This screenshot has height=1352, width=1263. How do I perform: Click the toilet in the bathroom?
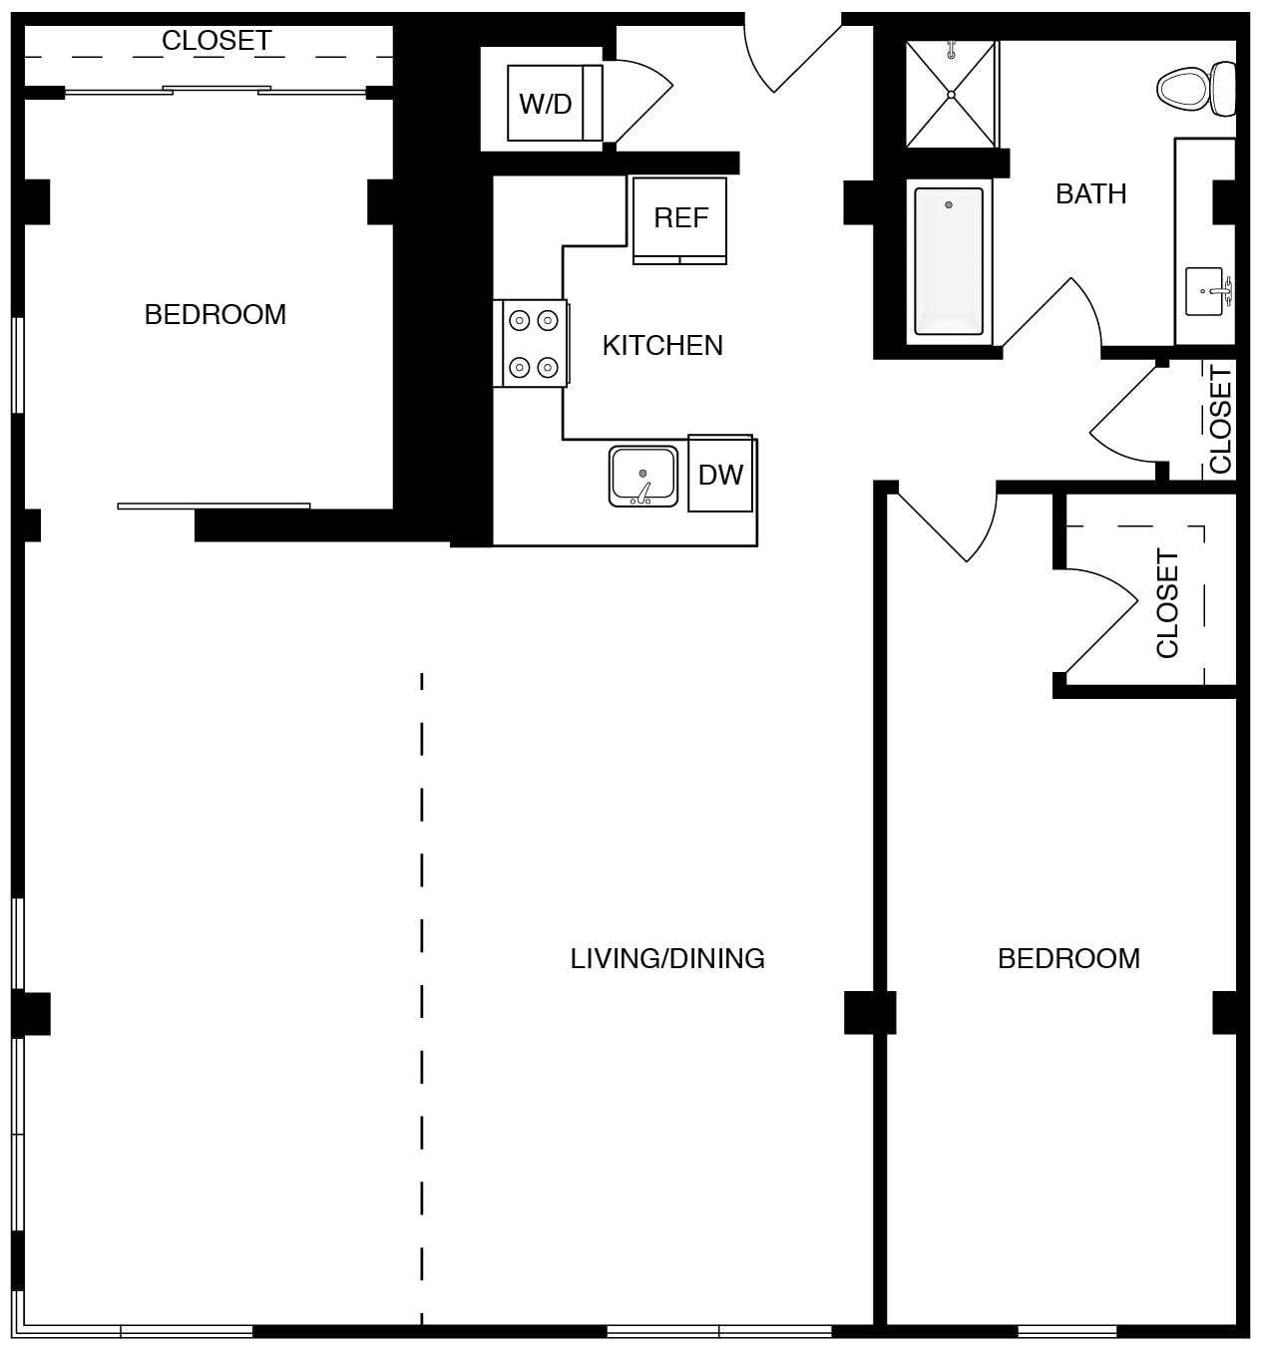pyautogui.click(x=1195, y=89)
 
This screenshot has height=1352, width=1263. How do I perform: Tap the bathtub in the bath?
pyautogui.click(x=949, y=262)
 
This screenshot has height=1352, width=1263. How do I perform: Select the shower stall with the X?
pyautogui.click(x=951, y=94)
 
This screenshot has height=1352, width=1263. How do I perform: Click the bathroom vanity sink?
pyautogui.click(x=1208, y=291)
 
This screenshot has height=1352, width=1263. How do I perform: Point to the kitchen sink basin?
pyautogui.click(x=642, y=476)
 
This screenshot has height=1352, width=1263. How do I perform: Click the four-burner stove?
pyautogui.click(x=532, y=344)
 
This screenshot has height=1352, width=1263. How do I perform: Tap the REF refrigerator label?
pyautogui.click(x=680, y=217)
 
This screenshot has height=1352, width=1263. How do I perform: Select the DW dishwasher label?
pyautogui.click(x=720, y=476)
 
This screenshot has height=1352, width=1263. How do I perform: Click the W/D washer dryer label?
pyautogui.click(x=545, y=104)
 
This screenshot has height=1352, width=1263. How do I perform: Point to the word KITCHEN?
pyautogui.click(x=662, y=346)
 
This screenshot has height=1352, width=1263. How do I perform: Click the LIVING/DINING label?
pyautogui.click(x=667, y=958)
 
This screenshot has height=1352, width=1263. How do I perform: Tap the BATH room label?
pyautogui.click(x=1090, y=194)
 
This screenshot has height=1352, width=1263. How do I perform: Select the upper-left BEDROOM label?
pyautogui.click(x=215, y=314)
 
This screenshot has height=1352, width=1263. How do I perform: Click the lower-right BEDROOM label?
pyautogui.click(x=1068, y=958)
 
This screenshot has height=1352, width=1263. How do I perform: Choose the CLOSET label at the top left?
pyautogui.click(x=216, y=41)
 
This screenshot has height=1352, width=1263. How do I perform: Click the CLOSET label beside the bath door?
pyautogui.click(x=1221, y=420)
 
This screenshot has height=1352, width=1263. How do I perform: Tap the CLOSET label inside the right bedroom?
pyautogui.click(x=1167, y=603)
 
